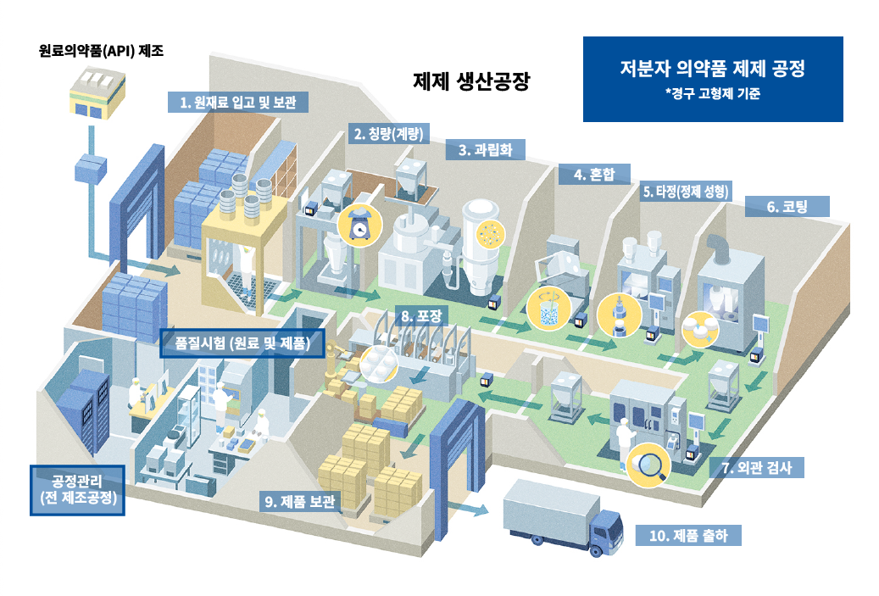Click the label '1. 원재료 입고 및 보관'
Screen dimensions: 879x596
[237, 102]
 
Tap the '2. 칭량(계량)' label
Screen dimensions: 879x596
[388, 133]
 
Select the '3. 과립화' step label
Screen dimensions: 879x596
[486, 150]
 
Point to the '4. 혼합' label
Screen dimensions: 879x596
[594, 175]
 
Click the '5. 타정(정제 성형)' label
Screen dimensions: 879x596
[686, 192]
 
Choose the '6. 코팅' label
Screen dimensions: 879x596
[787, 206]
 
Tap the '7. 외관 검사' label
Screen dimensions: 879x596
[757, 468]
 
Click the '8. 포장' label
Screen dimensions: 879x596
[421, 316]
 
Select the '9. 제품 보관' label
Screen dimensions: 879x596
[300, 501]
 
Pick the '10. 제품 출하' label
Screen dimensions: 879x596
[688, 536]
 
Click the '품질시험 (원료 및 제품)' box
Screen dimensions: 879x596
[242, 343]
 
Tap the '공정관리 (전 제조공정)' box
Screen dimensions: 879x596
[77, 490]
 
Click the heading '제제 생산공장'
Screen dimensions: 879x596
[471, 82]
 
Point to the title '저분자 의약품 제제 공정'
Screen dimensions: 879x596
[713, 69]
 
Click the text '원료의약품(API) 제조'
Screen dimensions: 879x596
[102, 51]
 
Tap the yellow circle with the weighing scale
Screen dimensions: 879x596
[360, 226]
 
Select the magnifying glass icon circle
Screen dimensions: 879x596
[648, 465]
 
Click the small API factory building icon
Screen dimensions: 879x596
[97, 92]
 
